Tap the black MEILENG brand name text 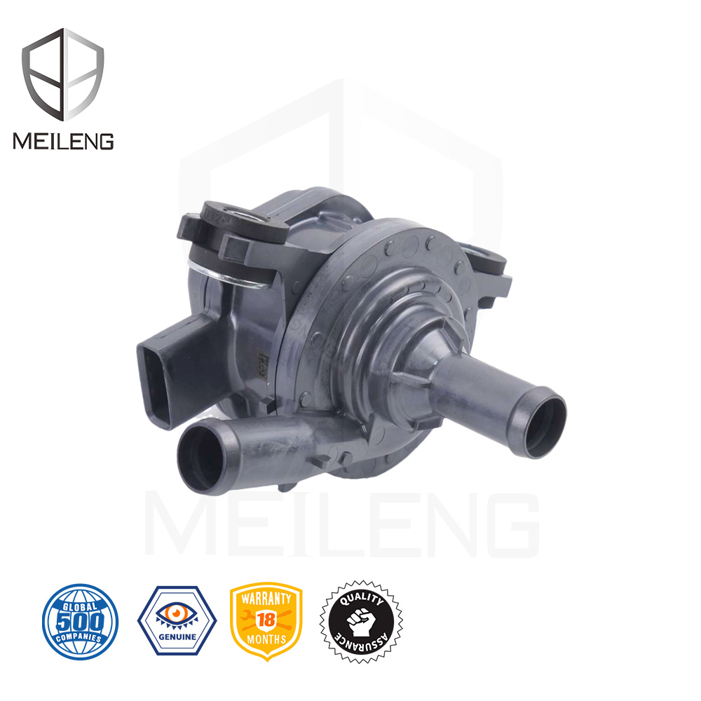click(63, 141)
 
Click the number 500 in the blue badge click(80, 621)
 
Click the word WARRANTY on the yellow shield click(266, 600)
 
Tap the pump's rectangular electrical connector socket click(157, 379)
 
